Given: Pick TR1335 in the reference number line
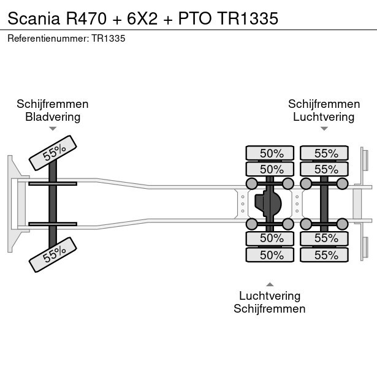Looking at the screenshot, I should pyautogui.click(x=109, y=39).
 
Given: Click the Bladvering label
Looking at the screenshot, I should pyautogui.click(x=53, y=116).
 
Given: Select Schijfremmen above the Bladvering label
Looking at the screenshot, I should pyautogui.click(x=53, y=104).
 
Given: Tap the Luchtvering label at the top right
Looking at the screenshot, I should pyautogui.click(x=324, y=116).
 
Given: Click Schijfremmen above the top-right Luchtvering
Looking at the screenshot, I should pyautogui.click(x=324, y=104).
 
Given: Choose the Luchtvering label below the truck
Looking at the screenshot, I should pyautogui.click(x=270, y=296).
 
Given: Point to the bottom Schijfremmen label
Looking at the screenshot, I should pyautogui.click(x=270, y=309).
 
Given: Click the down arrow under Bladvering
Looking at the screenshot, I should pyautogui.click(x=53, y=129).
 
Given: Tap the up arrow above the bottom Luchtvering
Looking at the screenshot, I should pyautogui.click(x=270, y=284).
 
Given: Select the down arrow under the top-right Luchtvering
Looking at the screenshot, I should pyautogui.click(x=324, y=129).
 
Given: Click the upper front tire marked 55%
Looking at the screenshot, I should pyautogui.click(x=53, y=152).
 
